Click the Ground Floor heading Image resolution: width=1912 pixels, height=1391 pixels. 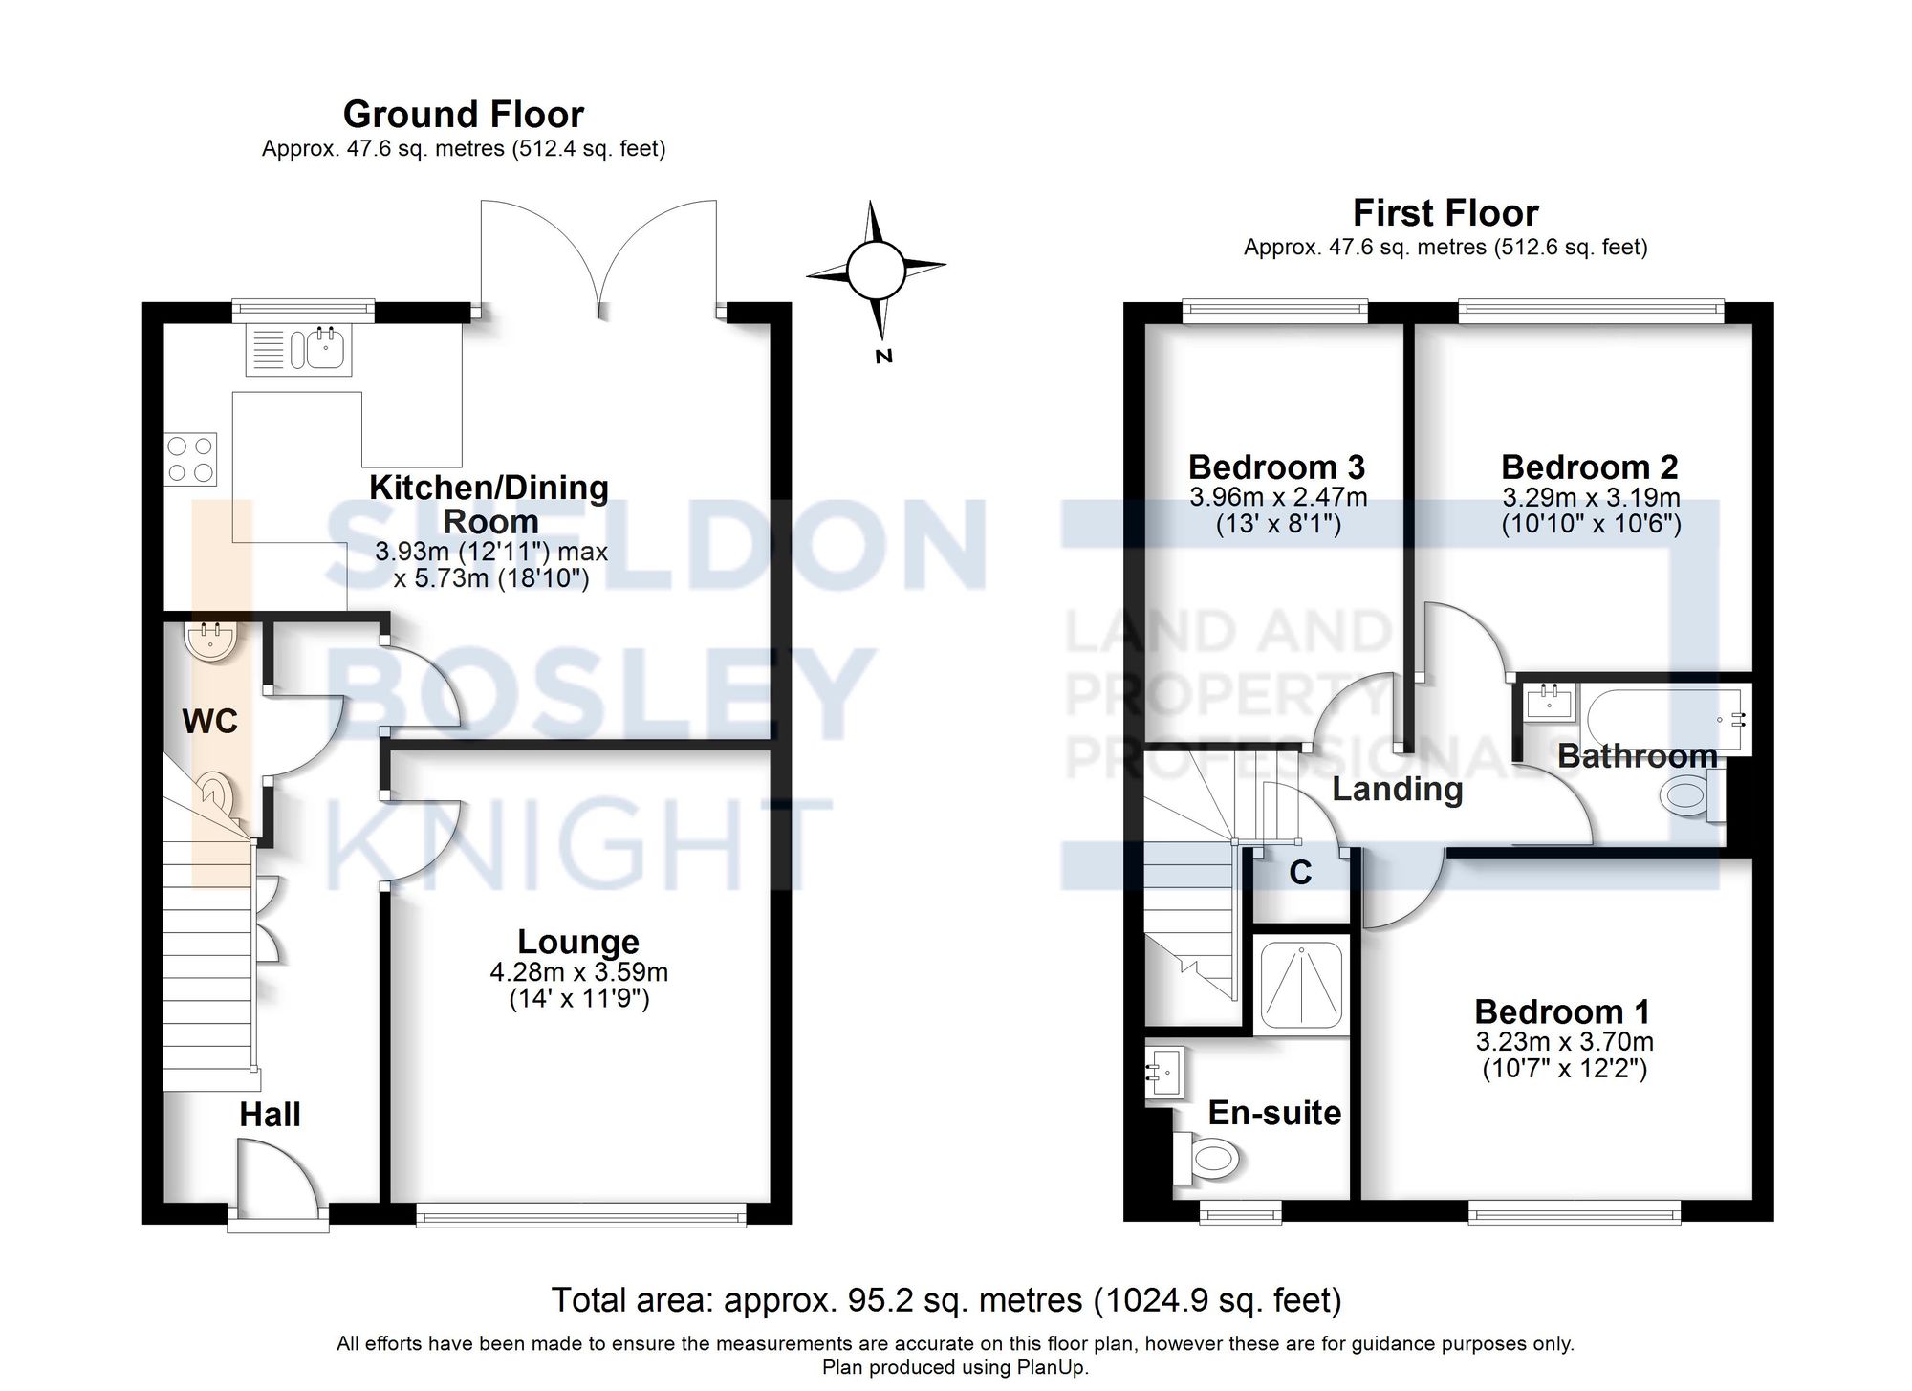point(463,115)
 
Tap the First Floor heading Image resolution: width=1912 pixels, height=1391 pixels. point(1445,213)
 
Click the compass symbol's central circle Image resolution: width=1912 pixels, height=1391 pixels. point(876,271)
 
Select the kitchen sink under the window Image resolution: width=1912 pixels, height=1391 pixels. point(325,347)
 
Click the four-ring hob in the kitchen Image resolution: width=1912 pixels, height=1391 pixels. point(190,460)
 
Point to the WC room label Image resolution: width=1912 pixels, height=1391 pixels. point(209,722)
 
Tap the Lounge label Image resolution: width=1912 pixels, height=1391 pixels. point(578,942)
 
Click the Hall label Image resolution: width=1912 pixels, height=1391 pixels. point(270,1115)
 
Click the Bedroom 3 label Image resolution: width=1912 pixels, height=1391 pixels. point(1276,467)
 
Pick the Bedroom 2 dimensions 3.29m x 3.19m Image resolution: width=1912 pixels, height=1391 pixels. point(1591,498)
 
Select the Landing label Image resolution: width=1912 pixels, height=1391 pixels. point(1397,790)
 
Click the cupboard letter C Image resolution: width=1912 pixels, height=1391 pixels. point(1300,873)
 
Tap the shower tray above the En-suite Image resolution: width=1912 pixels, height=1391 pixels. point(1302,985)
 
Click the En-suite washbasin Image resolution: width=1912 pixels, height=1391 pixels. point(1165,1072)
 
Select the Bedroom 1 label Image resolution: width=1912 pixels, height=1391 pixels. point(1562,1012)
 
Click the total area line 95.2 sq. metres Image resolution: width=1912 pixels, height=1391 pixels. point(946,1301)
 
